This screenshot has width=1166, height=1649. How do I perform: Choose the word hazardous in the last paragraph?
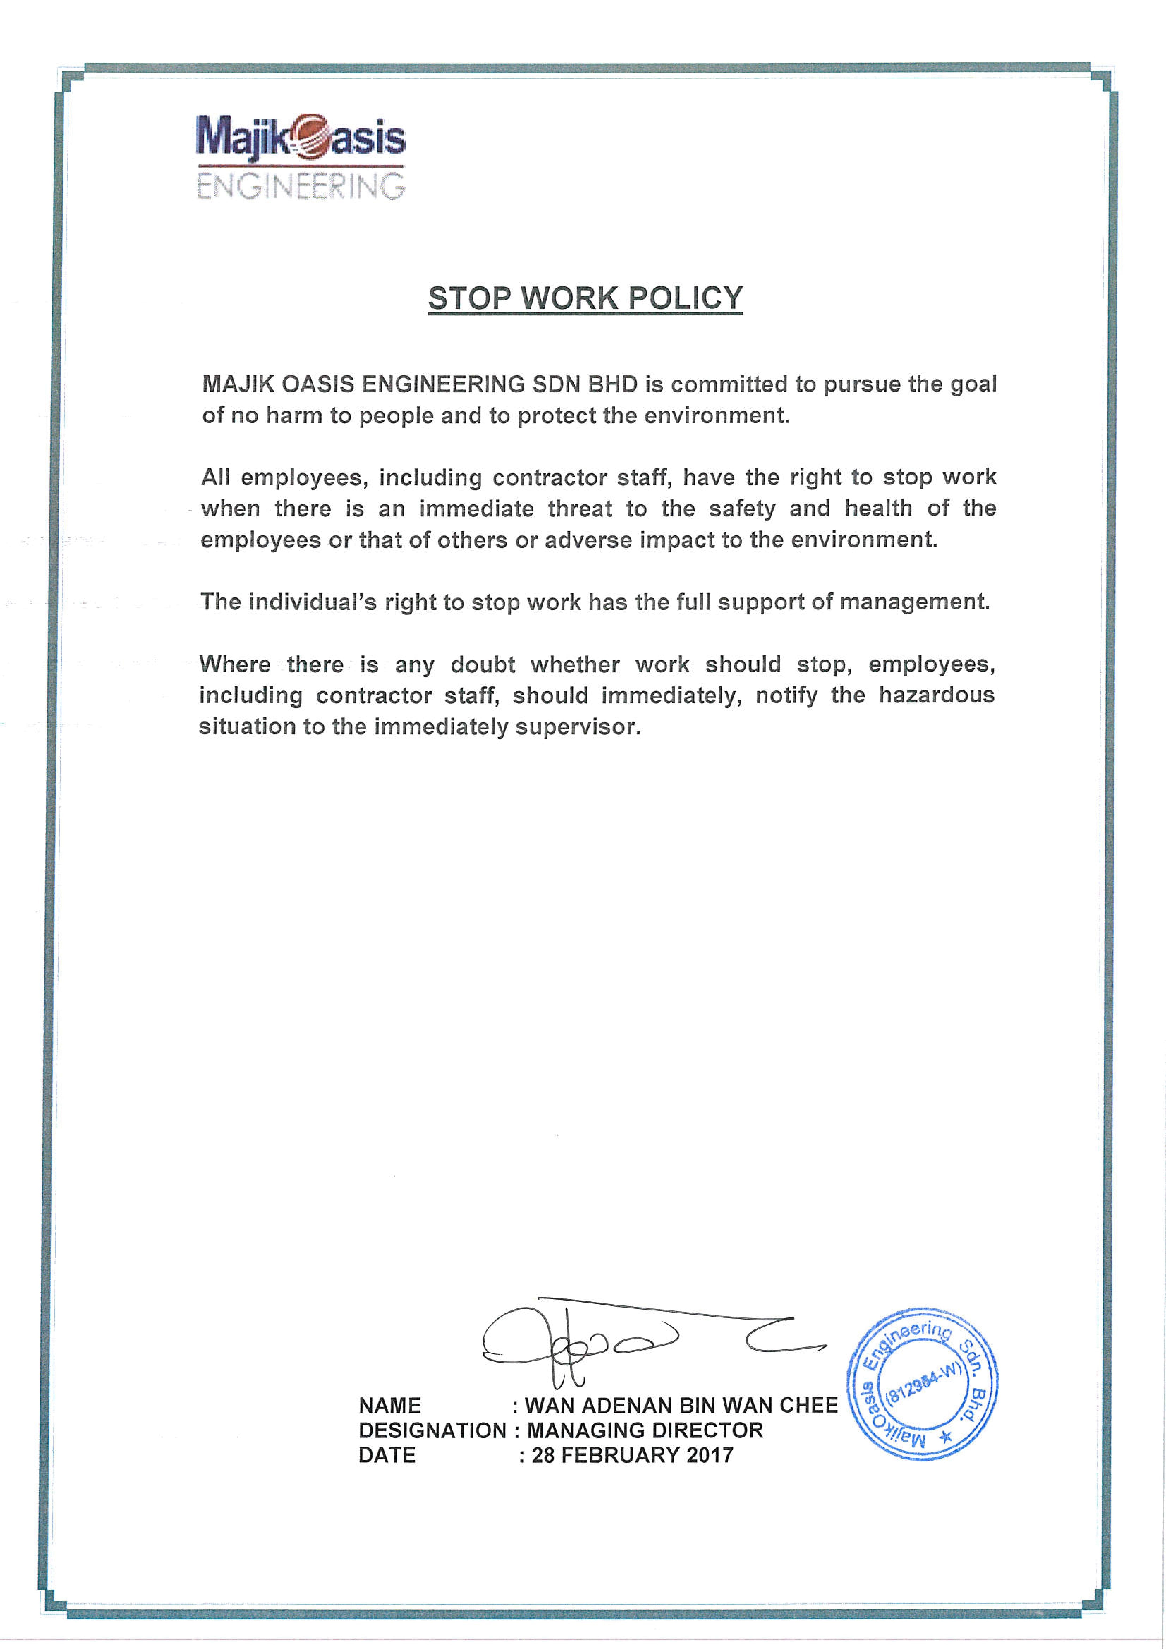coord(936,695)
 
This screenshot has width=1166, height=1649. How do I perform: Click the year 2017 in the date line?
coord(709,1455)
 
